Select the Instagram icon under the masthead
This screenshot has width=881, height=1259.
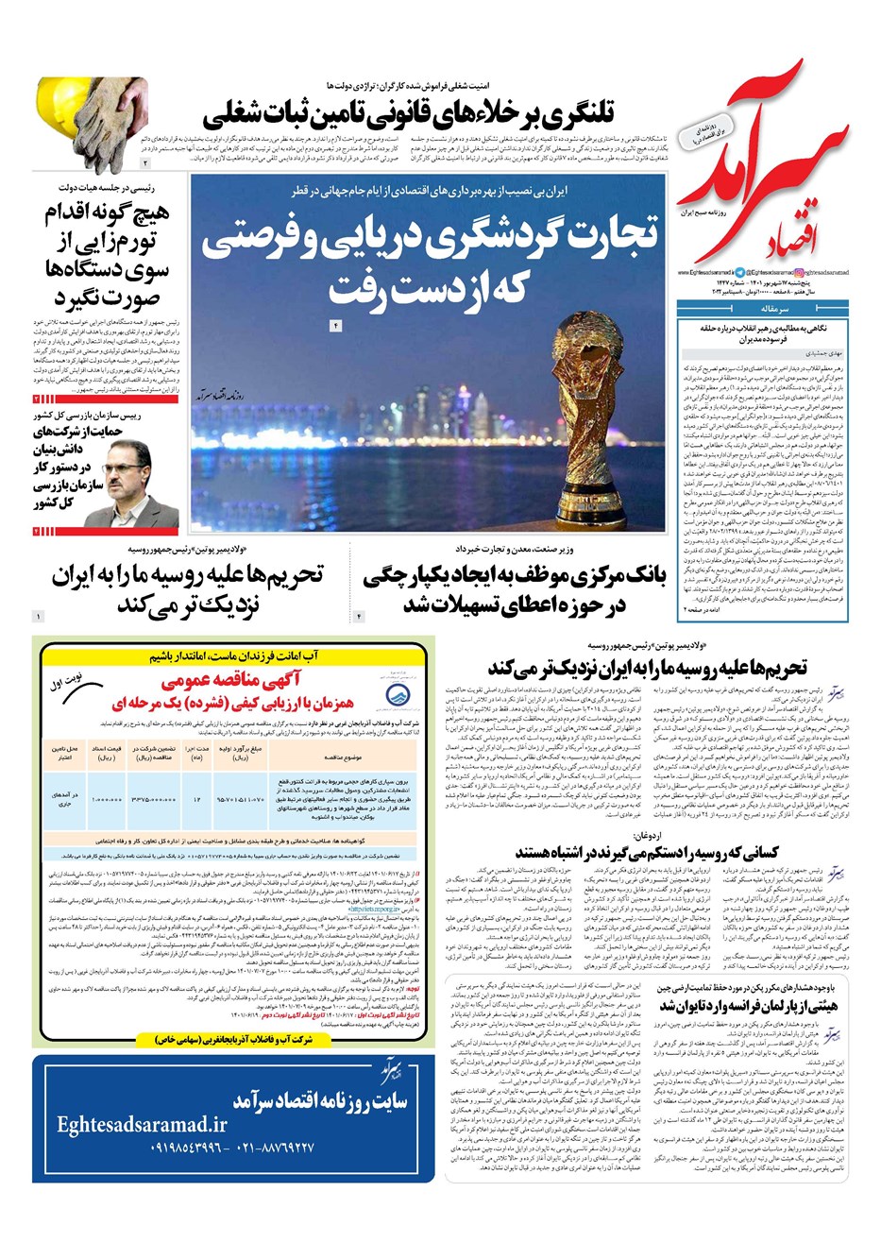(801, 273)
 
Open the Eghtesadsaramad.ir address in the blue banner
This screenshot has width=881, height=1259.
(142, 1124)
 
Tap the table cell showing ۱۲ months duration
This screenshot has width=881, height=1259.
(197, 799)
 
